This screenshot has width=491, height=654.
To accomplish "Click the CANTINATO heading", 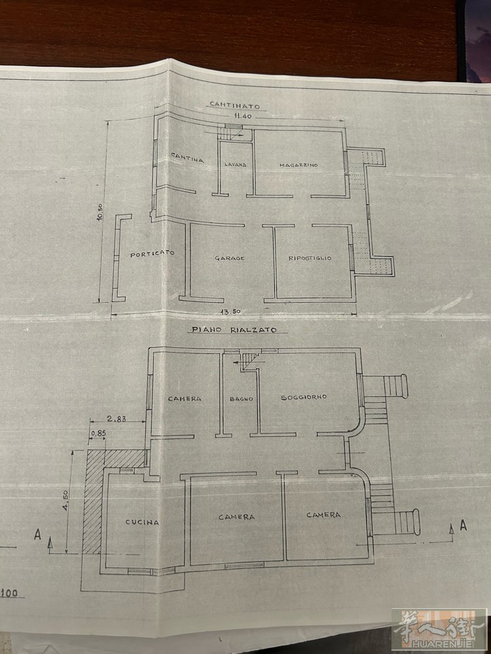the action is pos(234,105).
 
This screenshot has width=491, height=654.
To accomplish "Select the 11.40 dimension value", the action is pos(243,116).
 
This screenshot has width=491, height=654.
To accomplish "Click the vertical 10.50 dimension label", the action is pos(100,212).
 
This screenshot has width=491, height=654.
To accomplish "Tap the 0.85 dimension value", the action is pos(98,433).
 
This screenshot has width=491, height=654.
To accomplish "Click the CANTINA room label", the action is pos(187,157).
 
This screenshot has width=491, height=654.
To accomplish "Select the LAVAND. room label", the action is pos(236,165).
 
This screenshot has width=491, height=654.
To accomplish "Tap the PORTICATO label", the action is pos(152,254).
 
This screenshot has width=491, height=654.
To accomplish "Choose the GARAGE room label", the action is pos(230,258).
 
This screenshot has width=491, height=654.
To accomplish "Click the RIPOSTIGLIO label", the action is pos(310,258).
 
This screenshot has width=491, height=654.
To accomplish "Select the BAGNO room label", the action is pos(242,399).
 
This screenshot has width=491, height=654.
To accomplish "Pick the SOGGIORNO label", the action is pos(304,397).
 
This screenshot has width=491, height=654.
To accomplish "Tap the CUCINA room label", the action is pos(142,522).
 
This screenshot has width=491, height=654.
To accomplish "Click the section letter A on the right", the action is pos(463,525).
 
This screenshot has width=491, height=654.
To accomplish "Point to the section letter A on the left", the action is pos(37,535).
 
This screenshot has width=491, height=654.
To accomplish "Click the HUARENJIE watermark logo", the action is pos(439,630).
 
